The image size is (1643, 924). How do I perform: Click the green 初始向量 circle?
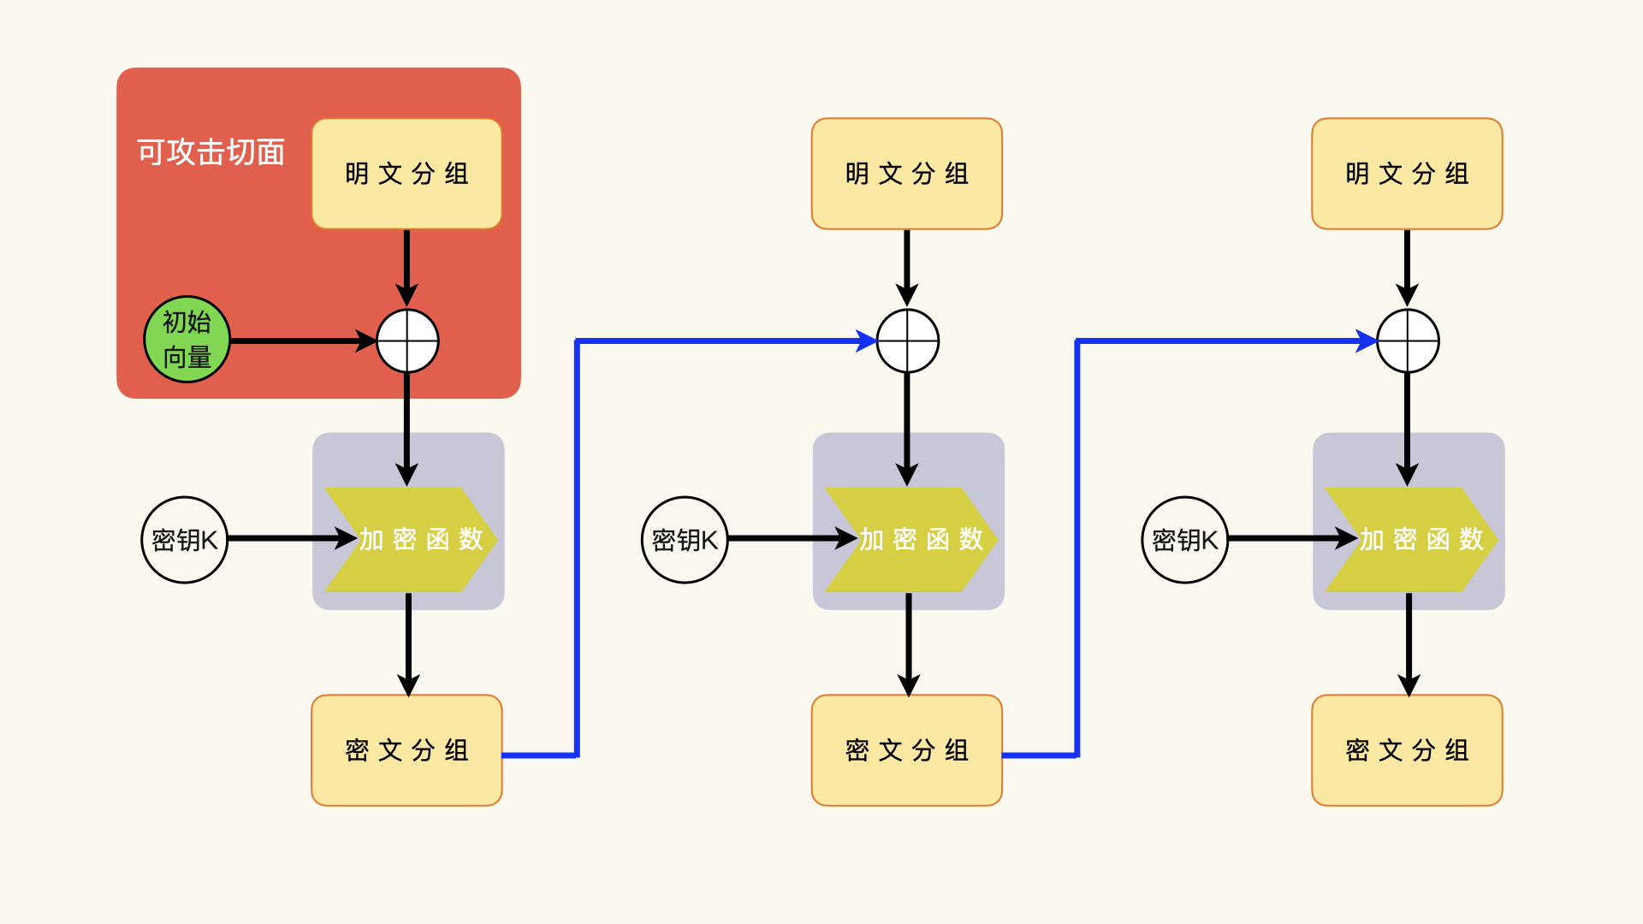(187, 340)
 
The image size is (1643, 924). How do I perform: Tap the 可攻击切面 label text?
(211, 152)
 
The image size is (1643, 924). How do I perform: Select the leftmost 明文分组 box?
(406, 174)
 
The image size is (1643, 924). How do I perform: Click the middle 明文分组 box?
(906, 174)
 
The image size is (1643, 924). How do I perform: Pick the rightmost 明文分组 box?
(1407, 174)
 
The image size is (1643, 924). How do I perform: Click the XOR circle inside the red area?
(408, 341)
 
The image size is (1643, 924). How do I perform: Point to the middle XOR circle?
(908, 341)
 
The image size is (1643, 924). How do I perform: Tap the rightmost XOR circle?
(1408, 341)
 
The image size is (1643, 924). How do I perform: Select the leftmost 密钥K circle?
(185, 540)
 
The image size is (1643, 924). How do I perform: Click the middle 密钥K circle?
(685, 540)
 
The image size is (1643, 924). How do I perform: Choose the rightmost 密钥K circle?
(1185, 540)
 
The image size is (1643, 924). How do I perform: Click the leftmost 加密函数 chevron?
(411, 540)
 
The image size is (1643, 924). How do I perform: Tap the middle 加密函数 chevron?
(910, 540)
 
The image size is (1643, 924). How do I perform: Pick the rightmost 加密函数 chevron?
(1411, 540)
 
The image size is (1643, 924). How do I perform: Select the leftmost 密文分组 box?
(406, 750)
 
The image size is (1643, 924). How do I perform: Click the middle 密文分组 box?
(906, 750)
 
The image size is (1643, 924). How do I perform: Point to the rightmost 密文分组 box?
(1407, 750)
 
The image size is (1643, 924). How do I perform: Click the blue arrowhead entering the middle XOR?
(866, 341)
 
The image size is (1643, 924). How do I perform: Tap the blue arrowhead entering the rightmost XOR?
(1366, 341)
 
